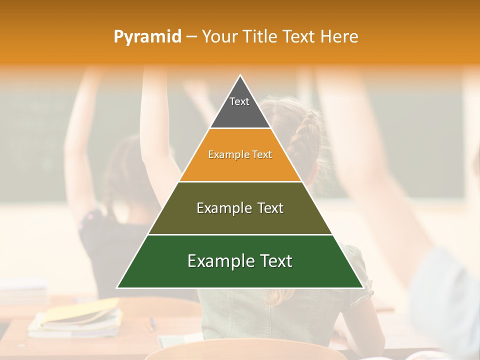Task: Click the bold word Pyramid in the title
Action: pyautogui.click(x=147, y=36)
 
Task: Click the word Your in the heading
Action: pyautogui.click(x=219, y=36)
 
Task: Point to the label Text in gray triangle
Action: pyautogui.click(x=239, y=101)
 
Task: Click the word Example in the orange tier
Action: pyautogui.click(x=224, y=155)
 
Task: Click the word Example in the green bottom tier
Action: pyautogui.click(x=218, y=261)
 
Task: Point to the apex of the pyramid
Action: pyautogui.click(x=240, y=76)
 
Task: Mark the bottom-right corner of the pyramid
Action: pyautogui.click(x=362, y=287)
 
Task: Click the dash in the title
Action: pyautogui.click(x=191, y=36)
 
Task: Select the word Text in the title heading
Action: pyautogui.click(x=298, y=36)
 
